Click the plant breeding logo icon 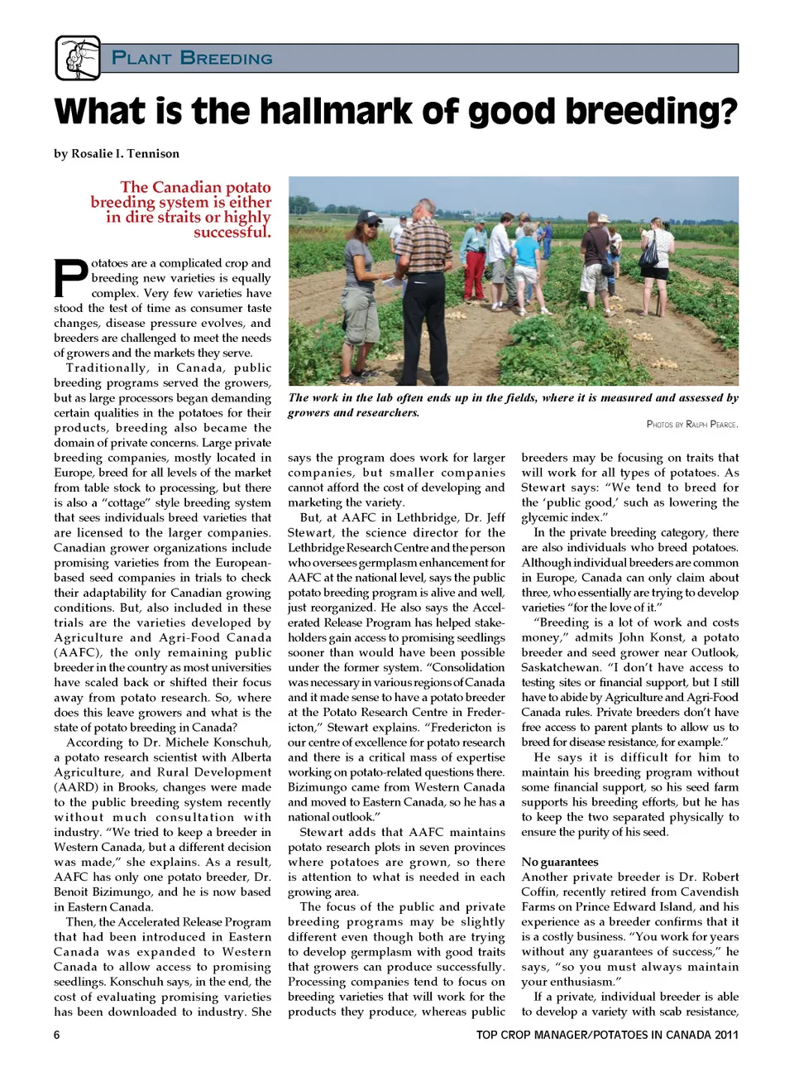pos(78,58)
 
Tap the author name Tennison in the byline pos(152,153)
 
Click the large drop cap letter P pos(70,278)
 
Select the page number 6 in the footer pos(57,1035)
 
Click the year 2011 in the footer pos(726,1035)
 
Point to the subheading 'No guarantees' pos(560,862)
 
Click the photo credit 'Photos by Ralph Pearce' pos(692,424)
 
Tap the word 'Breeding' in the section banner pos(226,58)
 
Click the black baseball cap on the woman pos(367,219)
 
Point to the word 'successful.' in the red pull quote pos(232,233)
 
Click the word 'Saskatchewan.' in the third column pos(562,667)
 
